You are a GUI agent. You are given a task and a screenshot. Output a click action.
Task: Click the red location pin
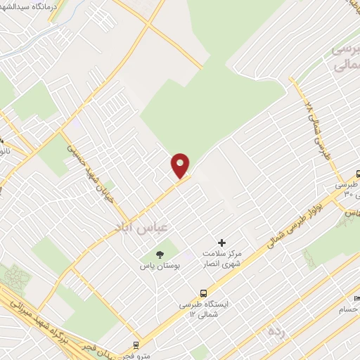click(x=181, y=165)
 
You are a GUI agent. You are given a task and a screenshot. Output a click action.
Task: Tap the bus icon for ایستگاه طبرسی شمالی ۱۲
click(x=203, y=292)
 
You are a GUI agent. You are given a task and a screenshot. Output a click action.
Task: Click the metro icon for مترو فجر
click(x=135, y=345)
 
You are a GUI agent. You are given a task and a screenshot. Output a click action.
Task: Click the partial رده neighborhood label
click(x=275, y=330)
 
